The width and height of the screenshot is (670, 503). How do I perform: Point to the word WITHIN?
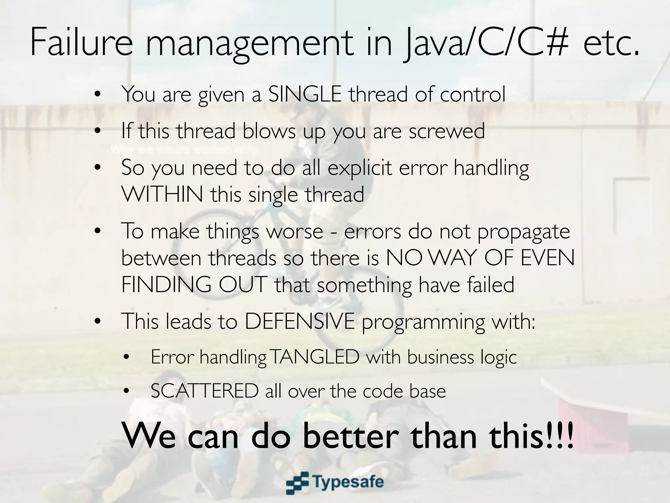click(x=162, y=194)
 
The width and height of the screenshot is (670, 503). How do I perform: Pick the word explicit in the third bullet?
click(x=360, y=168)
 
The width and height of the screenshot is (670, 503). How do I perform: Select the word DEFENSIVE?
click(x=300, y=321)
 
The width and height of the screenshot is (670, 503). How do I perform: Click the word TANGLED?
click(x=315, y=357)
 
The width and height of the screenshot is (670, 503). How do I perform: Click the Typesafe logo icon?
click(x=297, y=482)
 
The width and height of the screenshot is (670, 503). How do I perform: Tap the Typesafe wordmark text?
click(x=348, y=482)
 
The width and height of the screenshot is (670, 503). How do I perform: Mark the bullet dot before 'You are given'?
click(x=97, y=95)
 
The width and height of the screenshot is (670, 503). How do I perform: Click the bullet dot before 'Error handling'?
click(x=127, y=357)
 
